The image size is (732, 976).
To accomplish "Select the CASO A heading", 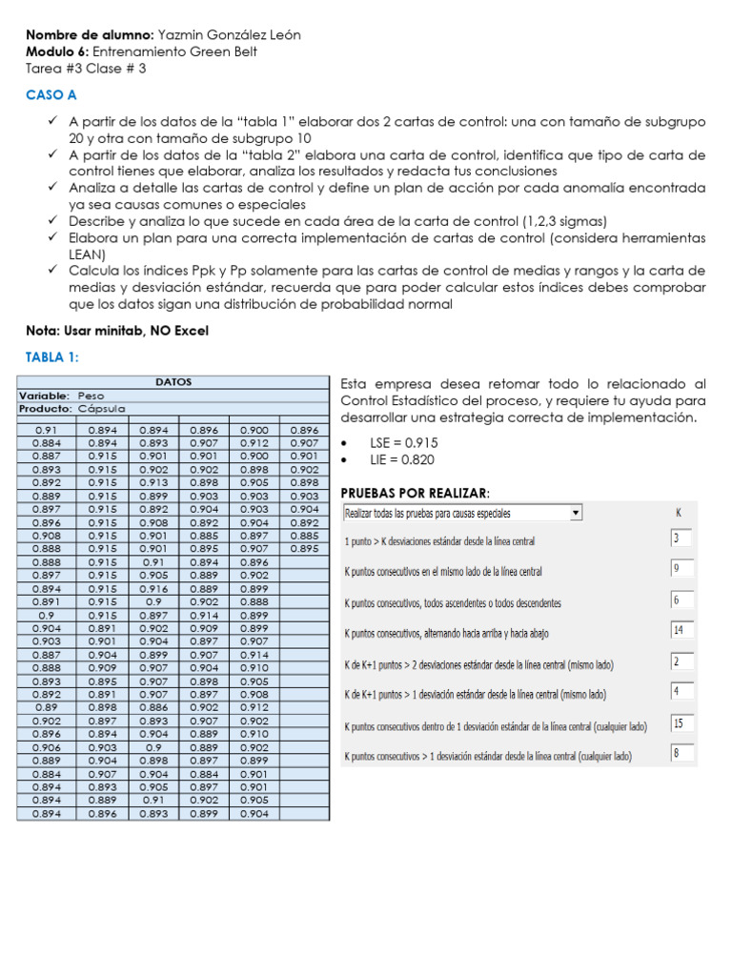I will pos(51,95).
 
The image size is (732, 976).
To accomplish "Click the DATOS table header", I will pos(173,382).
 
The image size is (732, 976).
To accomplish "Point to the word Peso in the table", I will pos(91,395).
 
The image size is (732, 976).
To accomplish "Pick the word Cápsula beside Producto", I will pos(102,408).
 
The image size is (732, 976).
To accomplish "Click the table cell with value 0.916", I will pos(152,589).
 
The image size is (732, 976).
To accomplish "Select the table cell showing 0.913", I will pos(152,482).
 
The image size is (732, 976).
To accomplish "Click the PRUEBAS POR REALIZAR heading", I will pos(415,492).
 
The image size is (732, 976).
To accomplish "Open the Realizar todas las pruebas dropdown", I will pos(462,514).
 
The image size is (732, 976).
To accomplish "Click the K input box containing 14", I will pos(681,631).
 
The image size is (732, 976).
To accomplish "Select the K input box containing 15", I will pos(681,724).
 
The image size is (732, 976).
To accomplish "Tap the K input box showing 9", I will pos(681,570).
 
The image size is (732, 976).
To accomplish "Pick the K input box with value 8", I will pos(681,755).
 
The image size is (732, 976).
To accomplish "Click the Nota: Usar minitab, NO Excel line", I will pos(117,331).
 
